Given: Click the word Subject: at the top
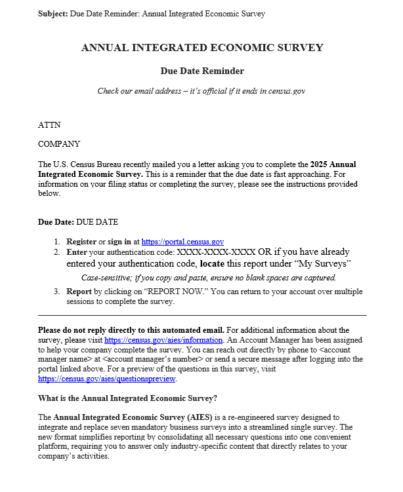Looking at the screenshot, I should click(x=53, y=14).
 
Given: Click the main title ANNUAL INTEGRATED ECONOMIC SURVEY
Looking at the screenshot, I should click(x=202, y=48).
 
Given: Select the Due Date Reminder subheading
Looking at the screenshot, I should click(x=202, y=71).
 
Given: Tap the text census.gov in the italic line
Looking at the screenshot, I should click(x=285, y=91).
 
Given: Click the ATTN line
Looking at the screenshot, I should click(x=49, y=125).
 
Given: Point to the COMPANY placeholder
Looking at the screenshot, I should click(x=59, y=144).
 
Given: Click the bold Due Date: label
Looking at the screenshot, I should click(x=56, y=222).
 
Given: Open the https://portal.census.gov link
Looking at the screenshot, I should click(x=182, y=242).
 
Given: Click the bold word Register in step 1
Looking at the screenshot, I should click(x=81, y=242).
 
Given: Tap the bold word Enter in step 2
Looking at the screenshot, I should click(x=77, y=252).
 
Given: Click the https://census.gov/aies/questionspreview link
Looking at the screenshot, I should click(x=107, y=379).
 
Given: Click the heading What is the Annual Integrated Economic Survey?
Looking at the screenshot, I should click(x=127, y=398).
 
